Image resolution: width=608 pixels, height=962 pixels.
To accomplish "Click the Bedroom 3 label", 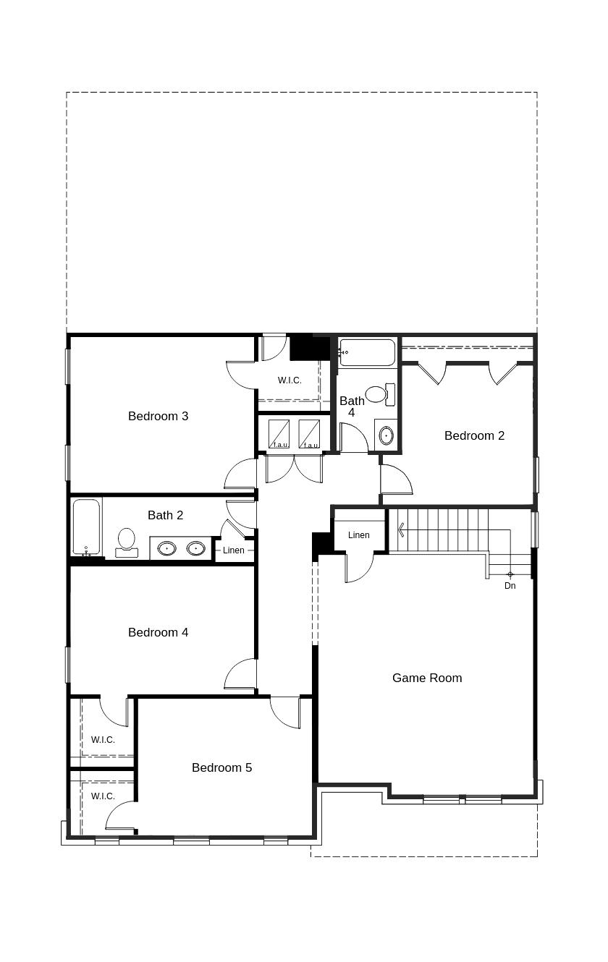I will click(158, 416).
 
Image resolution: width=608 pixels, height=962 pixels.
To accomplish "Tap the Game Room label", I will click(427, 678).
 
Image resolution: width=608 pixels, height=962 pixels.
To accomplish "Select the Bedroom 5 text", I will click(221, 767).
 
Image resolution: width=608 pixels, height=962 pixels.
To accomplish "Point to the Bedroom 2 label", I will click(474, 435).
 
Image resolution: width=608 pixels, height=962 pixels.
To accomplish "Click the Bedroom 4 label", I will click(158, 632).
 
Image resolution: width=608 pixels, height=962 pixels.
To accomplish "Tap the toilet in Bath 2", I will click(127, 542).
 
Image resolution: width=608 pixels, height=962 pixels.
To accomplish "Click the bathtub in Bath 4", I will click(367, 352).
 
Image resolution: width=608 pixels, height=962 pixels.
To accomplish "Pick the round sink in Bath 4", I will click(386, 435).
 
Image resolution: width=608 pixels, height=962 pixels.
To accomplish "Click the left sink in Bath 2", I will click(166, 548).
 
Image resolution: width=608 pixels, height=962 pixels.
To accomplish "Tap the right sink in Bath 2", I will click(195, 548).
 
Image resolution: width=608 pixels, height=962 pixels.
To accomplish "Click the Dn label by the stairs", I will click(510, 586).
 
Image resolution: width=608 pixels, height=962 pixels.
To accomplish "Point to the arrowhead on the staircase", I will click(400, 530).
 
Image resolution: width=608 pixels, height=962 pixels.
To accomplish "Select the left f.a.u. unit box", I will click(279, 434).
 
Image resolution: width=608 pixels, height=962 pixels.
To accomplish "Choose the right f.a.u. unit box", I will click(309, 434).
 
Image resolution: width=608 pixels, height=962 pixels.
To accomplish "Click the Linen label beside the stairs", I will click(359, 535).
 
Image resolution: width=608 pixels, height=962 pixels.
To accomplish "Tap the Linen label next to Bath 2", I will click(233, 550).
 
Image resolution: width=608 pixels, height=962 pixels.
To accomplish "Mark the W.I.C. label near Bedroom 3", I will click(290, 380).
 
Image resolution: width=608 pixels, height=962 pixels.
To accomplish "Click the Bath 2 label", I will click(165, 515).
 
